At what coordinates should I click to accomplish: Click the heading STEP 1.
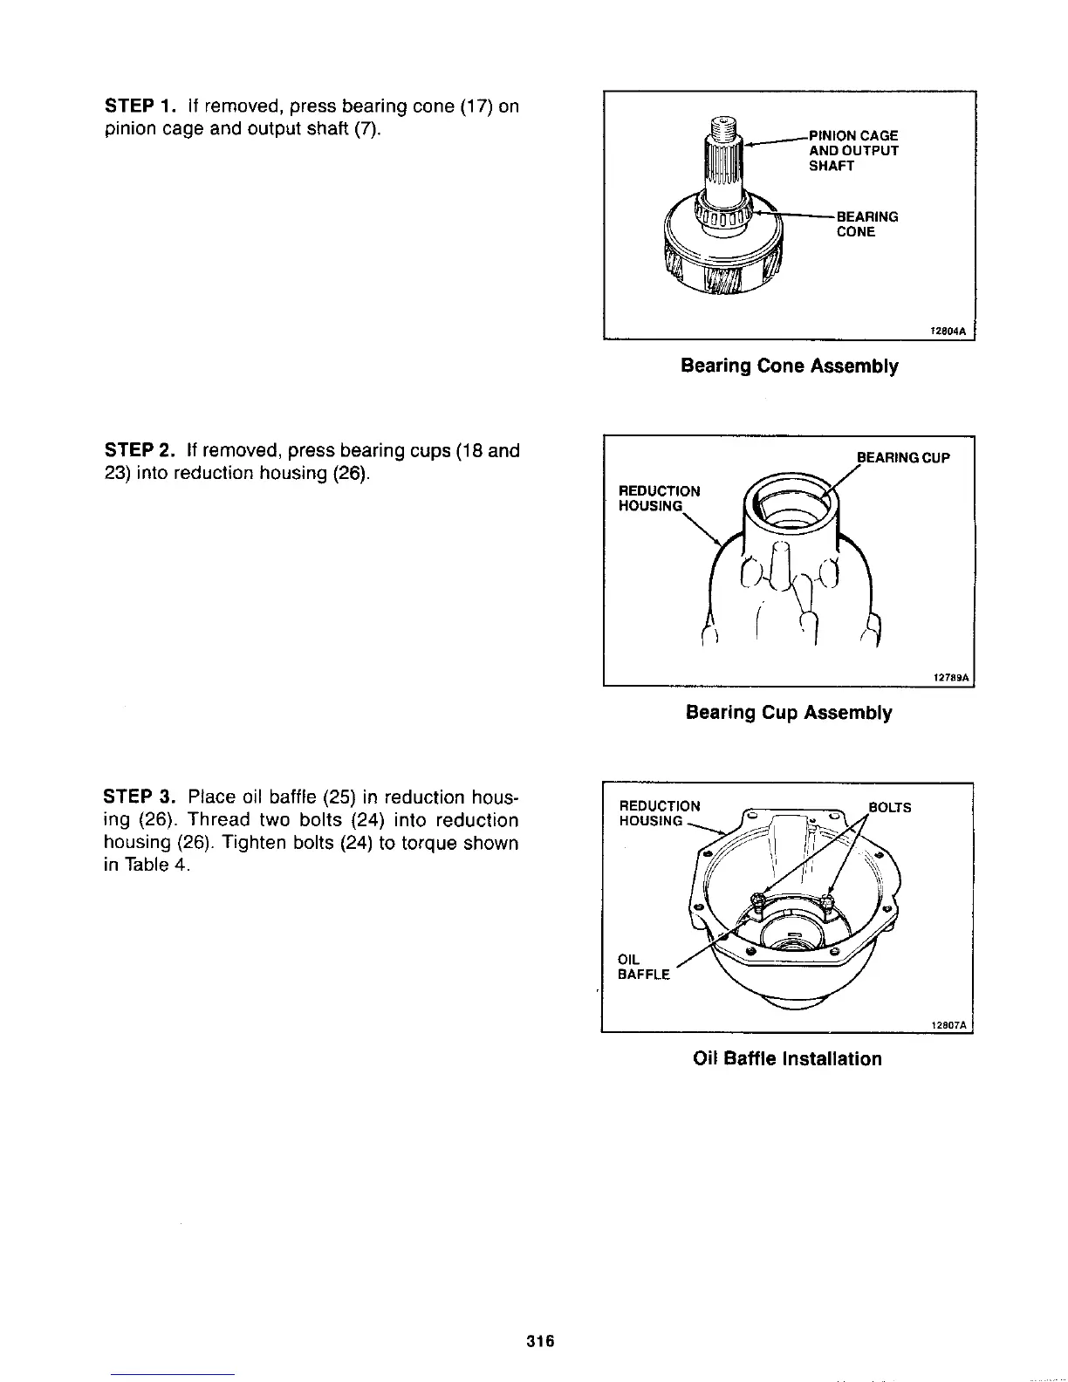(135, 106)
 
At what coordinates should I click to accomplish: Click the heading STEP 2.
(136, 451)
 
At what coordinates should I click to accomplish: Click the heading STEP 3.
(136, 797)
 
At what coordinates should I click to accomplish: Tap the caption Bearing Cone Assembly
(789, 366)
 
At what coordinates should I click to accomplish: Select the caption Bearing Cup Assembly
(789, 713)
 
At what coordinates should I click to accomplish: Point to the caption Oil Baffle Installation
(787, 1058)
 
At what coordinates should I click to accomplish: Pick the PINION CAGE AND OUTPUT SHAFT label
(853, 150)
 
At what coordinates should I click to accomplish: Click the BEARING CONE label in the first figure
(866, 224)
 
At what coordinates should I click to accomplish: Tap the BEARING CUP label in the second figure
(902, 457)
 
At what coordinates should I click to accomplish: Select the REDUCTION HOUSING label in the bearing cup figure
(659, 498)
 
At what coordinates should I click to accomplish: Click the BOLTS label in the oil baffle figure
(890, 808)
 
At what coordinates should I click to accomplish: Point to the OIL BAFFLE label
(643, 967)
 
